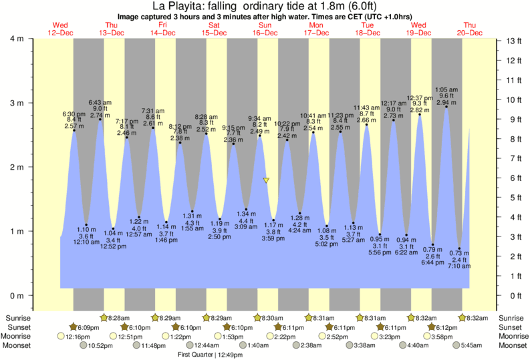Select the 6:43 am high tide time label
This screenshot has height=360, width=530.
(x=100, y=102)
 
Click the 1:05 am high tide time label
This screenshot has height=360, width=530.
(x=446, y=89)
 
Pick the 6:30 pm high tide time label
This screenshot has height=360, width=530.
(x=74, y=113)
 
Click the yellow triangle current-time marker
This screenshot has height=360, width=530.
(x=266, y=181)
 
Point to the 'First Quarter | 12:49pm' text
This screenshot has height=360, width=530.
(x=210, y=355)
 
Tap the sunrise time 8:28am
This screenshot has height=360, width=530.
(x=119, y=318)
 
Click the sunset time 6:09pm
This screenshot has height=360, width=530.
(x=88, y=327)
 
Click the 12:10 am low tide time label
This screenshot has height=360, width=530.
(x=87, y=241)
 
